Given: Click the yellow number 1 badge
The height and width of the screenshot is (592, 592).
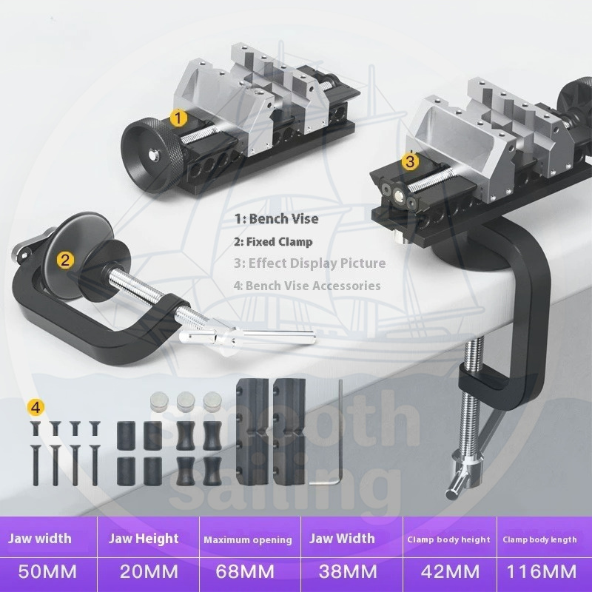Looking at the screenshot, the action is point(178,118).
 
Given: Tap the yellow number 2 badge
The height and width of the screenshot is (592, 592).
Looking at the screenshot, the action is point(65,260).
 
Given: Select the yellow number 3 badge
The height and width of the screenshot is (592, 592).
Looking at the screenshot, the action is point(410,161).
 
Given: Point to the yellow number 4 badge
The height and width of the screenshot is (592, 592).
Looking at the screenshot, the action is point(36,408).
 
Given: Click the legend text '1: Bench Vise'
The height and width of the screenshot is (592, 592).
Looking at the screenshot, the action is point(276,218).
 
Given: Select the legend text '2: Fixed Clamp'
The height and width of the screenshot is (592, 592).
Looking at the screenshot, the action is point(273,242).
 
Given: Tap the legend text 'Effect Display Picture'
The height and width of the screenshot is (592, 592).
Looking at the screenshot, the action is point(317,263).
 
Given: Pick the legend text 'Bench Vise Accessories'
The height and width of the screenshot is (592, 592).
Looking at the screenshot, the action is point(313,286).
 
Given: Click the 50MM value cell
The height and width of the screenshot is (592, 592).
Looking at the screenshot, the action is point(47,571).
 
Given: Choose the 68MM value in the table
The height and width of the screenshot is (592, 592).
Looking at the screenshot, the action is point(245,571).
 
